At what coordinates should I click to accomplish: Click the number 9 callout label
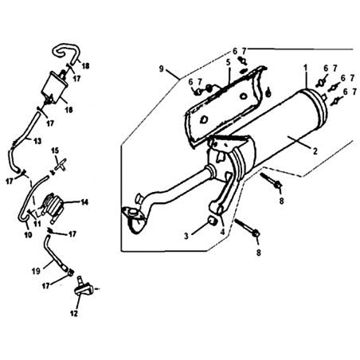click(162, 68)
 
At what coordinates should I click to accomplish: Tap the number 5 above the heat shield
click(228, 63)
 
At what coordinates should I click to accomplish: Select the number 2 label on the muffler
click(315, 151)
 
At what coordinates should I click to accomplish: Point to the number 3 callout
click(186, 236)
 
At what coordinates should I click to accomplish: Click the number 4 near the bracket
click(222, 232)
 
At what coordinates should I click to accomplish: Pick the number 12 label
click(74, 313)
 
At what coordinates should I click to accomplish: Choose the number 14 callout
click(84, 202)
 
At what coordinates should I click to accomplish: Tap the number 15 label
click(55, 151)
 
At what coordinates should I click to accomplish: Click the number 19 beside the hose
click(36, 271)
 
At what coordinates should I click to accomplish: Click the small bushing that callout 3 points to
click(212, 220)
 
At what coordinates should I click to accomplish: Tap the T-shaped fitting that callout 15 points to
click(61, 165)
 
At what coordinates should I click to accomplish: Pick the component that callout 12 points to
click(82, 288)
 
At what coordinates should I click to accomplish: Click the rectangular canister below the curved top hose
click(55, 86)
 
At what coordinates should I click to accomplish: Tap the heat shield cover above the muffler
click(225, 106)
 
